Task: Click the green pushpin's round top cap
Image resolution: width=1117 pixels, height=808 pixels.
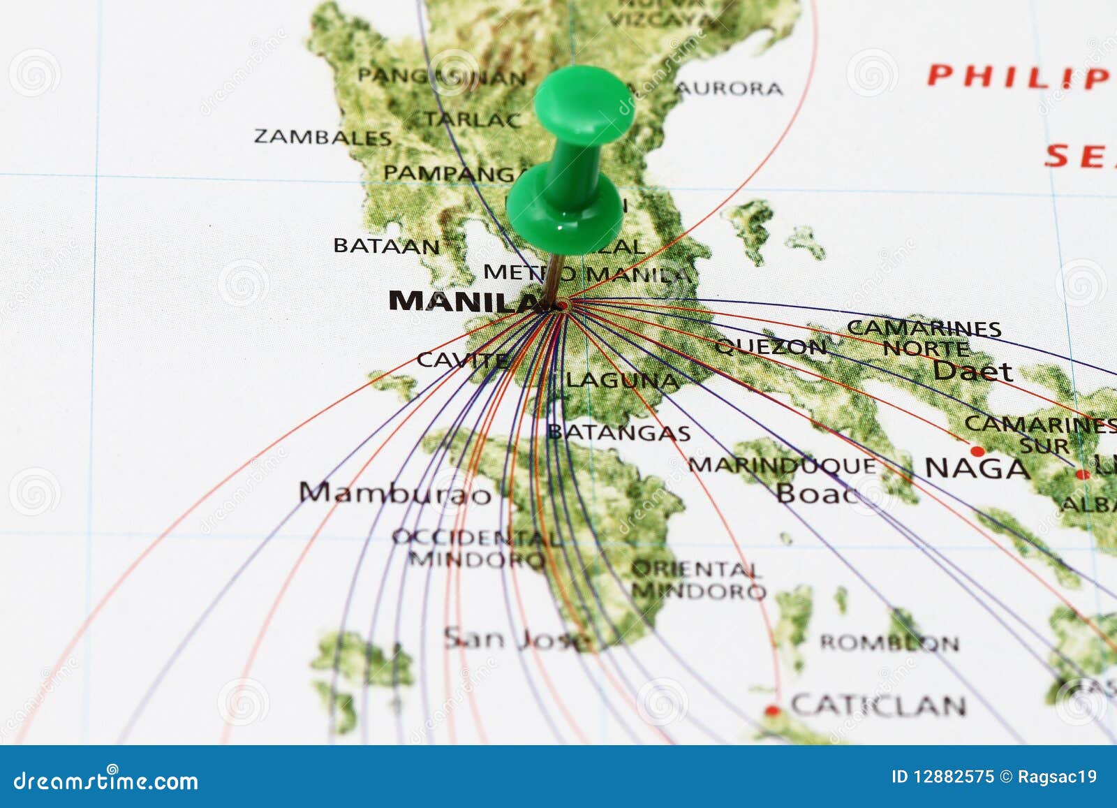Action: [x=584, y=104]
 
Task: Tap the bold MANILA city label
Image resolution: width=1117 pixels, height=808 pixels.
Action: [x=464, y=301]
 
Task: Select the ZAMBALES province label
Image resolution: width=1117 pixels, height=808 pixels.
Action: [x=323, y=136]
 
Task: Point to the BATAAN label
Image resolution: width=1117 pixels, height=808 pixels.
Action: [x=387, y=246]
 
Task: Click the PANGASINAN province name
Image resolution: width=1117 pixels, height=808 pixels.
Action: [x=441, y=77]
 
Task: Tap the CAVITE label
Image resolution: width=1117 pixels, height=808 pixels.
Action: [x=461, y=360]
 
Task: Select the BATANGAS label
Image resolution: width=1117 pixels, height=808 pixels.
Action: [x=619, y=433]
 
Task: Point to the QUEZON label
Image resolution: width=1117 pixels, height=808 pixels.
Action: [x=770, y=346]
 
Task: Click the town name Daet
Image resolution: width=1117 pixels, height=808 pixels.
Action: [x=972, y=371]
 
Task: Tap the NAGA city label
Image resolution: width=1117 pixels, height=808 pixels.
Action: [x=977, y=469]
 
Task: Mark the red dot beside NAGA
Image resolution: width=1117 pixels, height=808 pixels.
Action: [x=977, y=451]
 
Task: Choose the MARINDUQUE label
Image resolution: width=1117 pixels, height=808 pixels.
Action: [x=782, y=465]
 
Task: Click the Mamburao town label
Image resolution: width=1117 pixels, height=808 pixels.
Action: [x=395, y=493]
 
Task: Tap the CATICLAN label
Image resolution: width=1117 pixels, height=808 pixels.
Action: [x=878, y=706]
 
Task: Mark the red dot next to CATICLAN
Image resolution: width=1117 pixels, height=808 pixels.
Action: [x=772, y=711]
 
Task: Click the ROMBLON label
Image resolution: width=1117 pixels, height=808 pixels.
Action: [x=889, y=642]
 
